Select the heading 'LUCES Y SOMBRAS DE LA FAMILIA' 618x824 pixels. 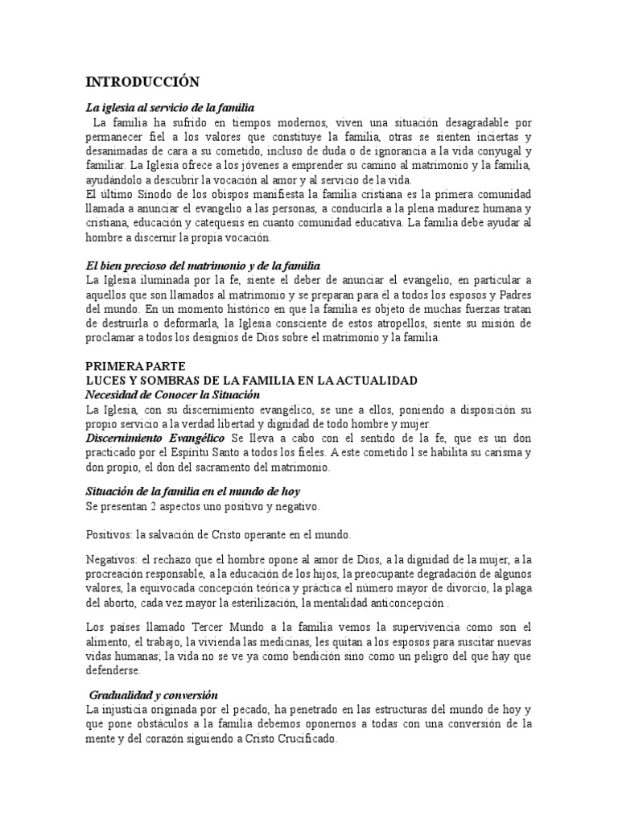[x=250, y=380]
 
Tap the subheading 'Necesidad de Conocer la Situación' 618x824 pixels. [x=173, y=394]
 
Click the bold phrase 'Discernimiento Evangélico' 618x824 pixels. [x=156, y=438]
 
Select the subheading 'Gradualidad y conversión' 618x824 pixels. [x=154, y=694]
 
